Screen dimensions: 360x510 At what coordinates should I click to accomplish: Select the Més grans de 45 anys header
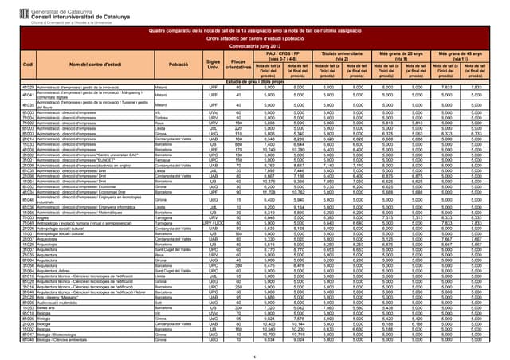460,55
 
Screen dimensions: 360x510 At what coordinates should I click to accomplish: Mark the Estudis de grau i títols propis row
256,81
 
